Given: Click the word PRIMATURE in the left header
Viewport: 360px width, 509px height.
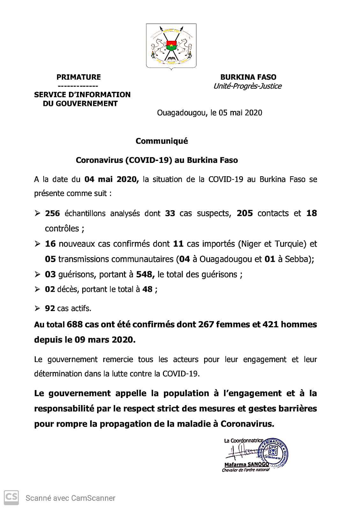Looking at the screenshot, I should [x=78, y=77].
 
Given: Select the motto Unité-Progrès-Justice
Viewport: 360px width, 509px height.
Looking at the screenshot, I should [x=247, y=86].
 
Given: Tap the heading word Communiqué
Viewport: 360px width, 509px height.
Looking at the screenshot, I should [x=162, y=141].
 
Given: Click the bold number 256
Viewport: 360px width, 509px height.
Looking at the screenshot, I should [x=53, y=213].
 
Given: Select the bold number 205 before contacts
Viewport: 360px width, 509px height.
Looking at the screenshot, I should [x=245, y=213].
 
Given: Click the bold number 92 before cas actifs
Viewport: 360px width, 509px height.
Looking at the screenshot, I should [x=50, y=308].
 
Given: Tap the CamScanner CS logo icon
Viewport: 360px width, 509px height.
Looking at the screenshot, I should [x=11, y=498].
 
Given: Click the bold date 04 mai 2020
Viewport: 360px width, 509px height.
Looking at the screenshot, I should [x=111, y=179].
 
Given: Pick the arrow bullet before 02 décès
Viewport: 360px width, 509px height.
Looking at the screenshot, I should [x=38, y=289].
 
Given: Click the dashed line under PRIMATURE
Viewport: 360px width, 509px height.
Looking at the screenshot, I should [x=78, y=86].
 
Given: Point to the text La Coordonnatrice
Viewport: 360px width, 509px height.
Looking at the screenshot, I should [x=244, y=441].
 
